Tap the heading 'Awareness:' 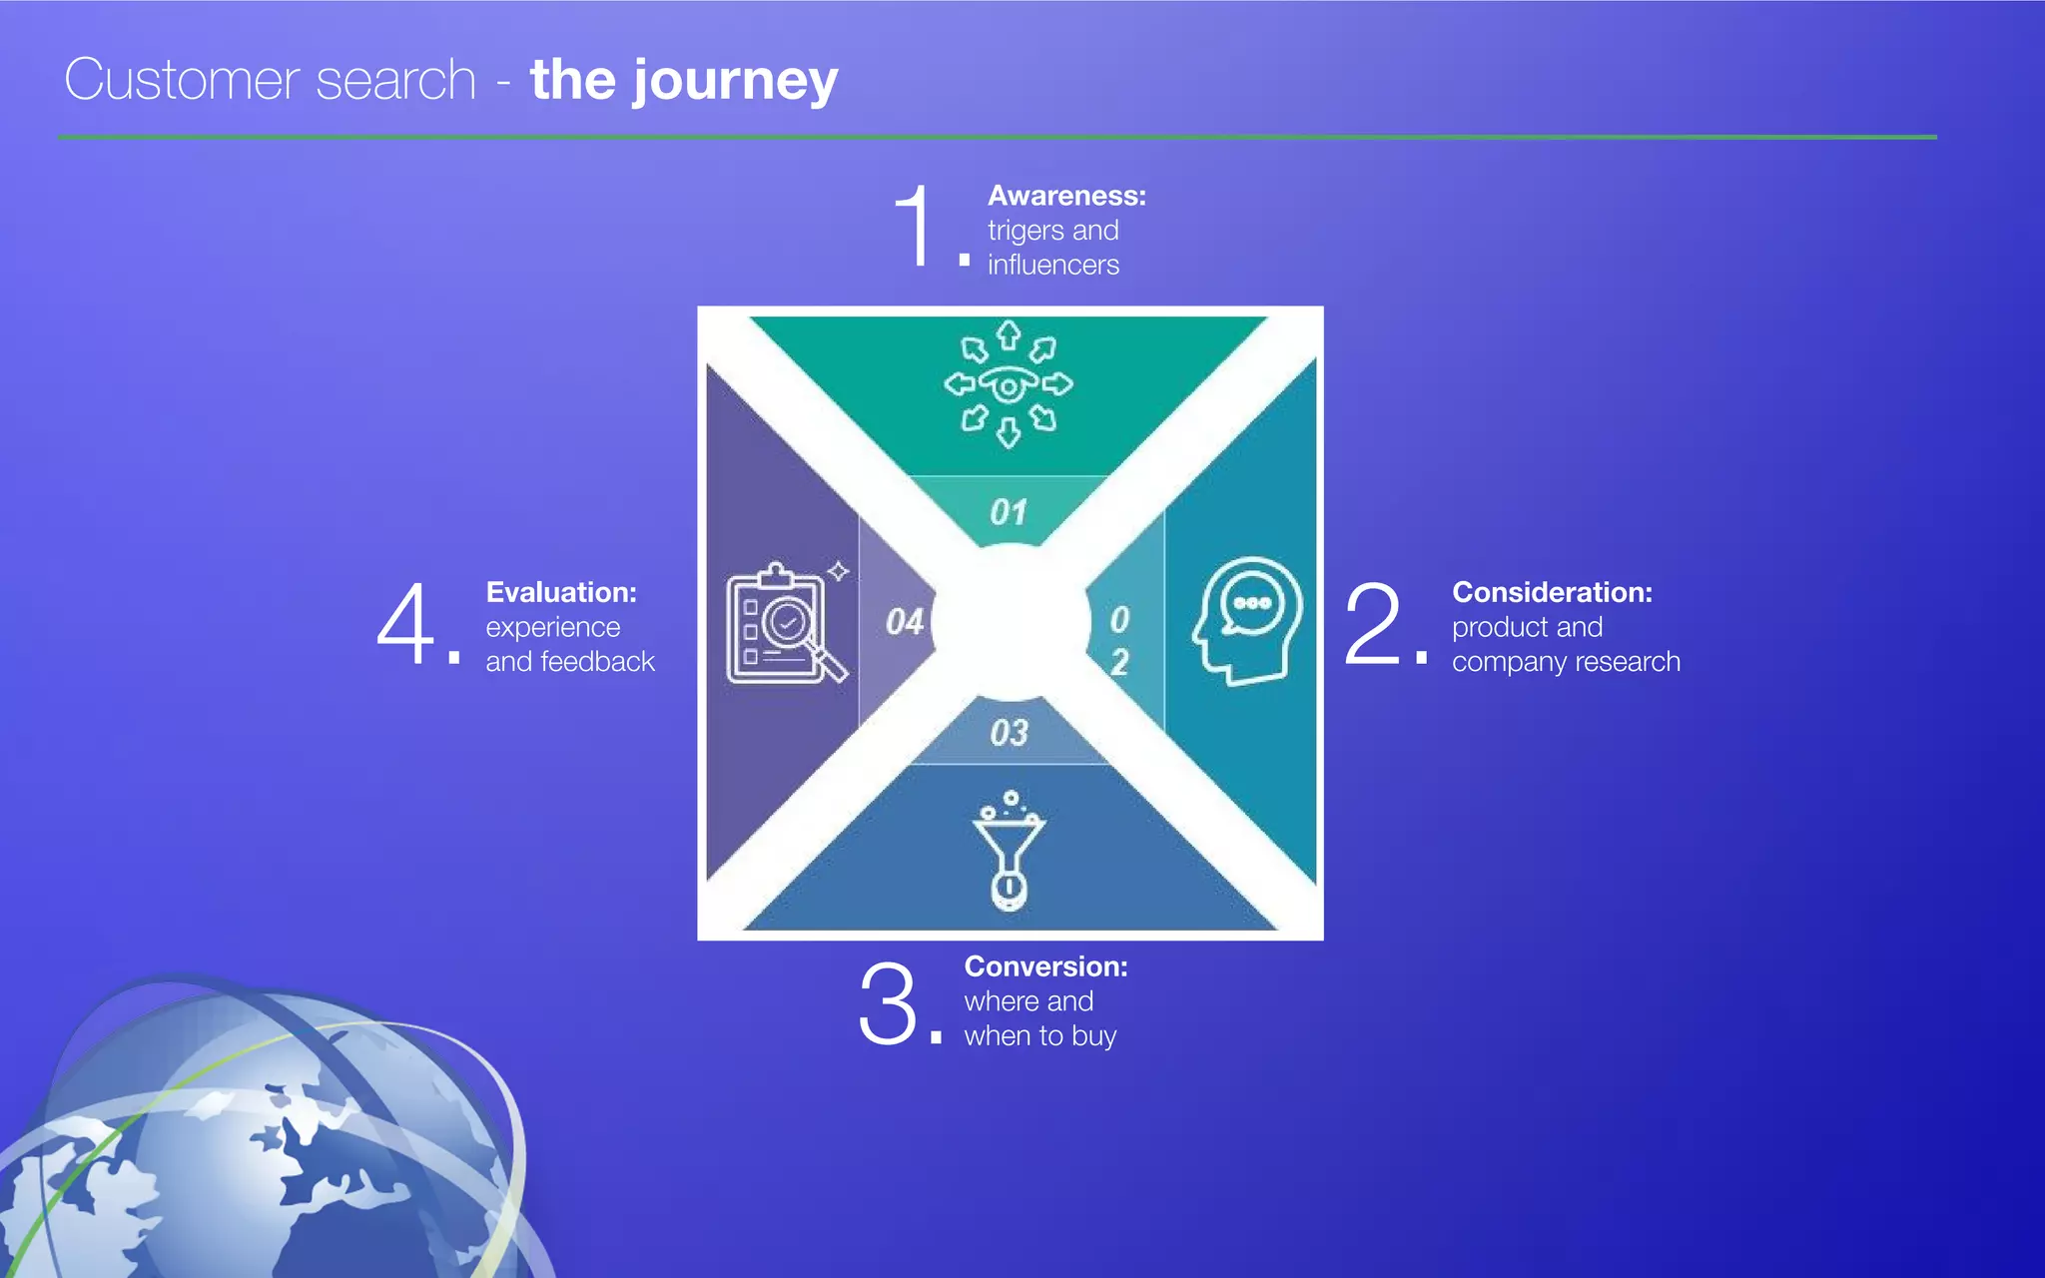[x=1066, y=196]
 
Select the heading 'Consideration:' [x=1552, y=592]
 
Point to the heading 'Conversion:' [x=1045, y=966]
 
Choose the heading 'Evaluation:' [x=561, y=592]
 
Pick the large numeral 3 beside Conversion [x=887, y=1002]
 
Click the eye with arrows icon [x=1009, y=384]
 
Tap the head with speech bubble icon [x=1247, y=620]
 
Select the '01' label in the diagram [x=1009, y=512]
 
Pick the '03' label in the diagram [x=1009, y=733]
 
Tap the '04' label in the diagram [x=905, y=622]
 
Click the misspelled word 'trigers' [x=1025, y=231]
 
